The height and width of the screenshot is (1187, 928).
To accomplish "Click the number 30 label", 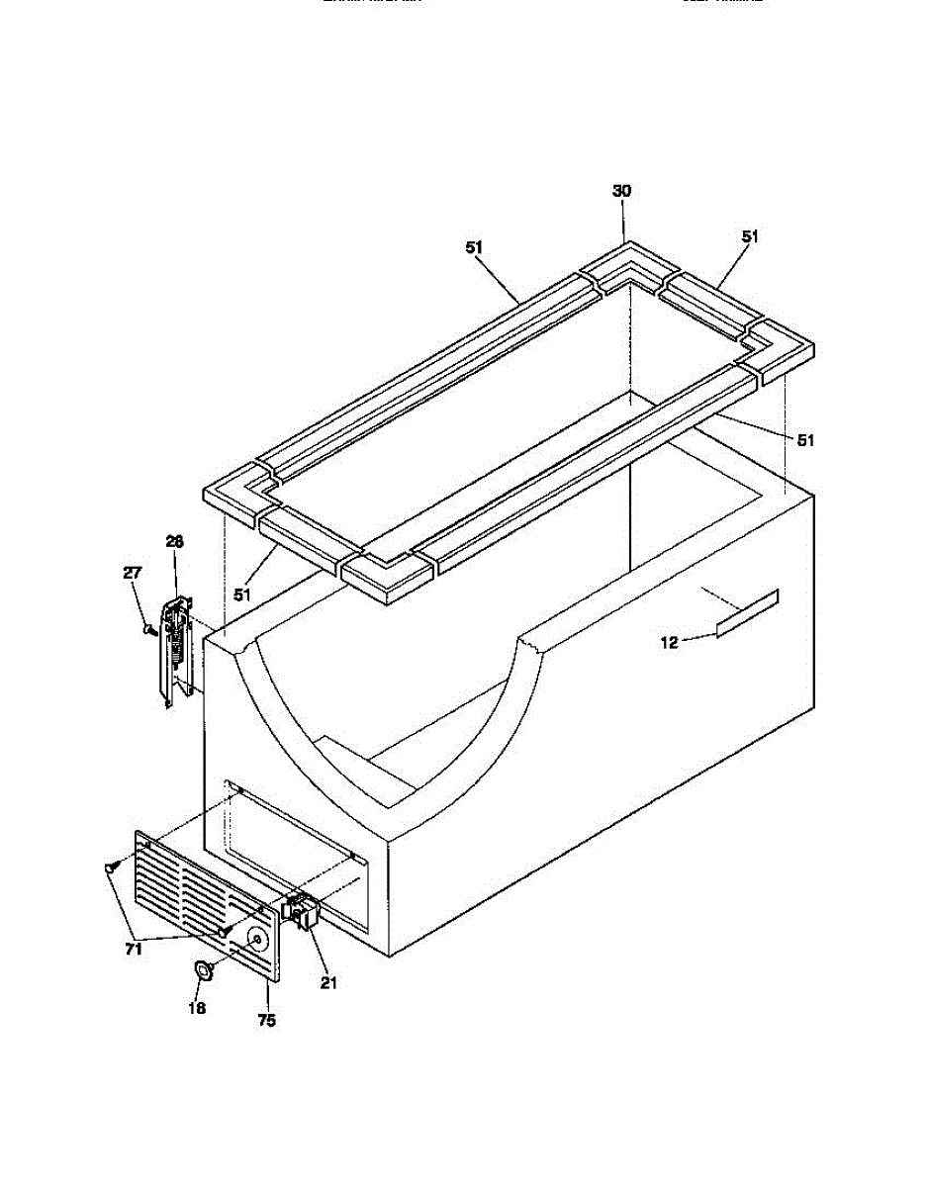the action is (x=622, y=192).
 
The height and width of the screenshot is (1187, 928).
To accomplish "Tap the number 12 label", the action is (x=670, y=643).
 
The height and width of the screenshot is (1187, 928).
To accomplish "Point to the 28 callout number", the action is (x=174, y=542).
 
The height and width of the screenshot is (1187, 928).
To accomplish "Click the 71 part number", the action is (x=134, y=950).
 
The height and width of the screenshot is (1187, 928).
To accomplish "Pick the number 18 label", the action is (x=197, y=1009).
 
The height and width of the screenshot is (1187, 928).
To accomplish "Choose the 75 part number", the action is (x=266, y=1021).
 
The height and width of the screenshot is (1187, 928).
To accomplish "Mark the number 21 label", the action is (x=328, y=982).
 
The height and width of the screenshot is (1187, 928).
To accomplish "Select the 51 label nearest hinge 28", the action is (x=243, y=595).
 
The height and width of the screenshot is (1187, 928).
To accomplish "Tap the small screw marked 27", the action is (x=148, y=628).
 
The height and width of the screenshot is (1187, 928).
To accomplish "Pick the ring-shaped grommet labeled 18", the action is (x=205, y=971).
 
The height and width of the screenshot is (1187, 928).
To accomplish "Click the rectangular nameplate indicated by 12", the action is (x=748, y=612).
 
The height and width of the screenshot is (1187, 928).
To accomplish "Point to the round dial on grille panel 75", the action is (x=256, y=941).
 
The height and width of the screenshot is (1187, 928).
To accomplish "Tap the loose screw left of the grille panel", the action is (x=110, y=867).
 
